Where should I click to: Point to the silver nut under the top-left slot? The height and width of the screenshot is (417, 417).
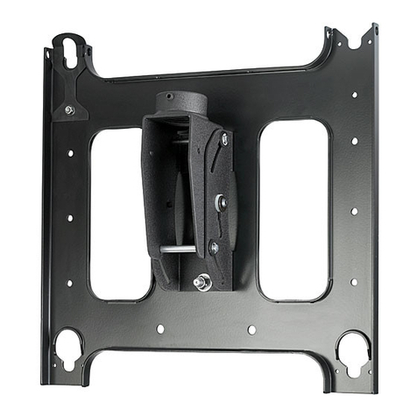(68, 110)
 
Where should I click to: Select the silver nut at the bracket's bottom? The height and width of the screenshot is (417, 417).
(202, 281)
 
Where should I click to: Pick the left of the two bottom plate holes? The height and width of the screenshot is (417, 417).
(159, 329)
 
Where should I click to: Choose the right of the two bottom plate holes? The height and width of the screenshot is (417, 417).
(251, 329)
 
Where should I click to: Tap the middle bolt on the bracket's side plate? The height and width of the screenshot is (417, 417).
(220, 202)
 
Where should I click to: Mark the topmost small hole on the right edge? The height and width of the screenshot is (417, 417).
(354, 95)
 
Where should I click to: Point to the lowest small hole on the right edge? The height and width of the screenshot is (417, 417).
(353, 282)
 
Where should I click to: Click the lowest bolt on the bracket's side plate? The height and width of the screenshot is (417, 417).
(214, 248)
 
